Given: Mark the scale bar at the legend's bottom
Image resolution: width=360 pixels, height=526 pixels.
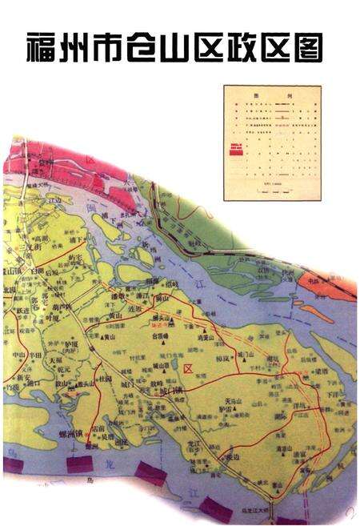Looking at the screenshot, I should pos(272,190).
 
